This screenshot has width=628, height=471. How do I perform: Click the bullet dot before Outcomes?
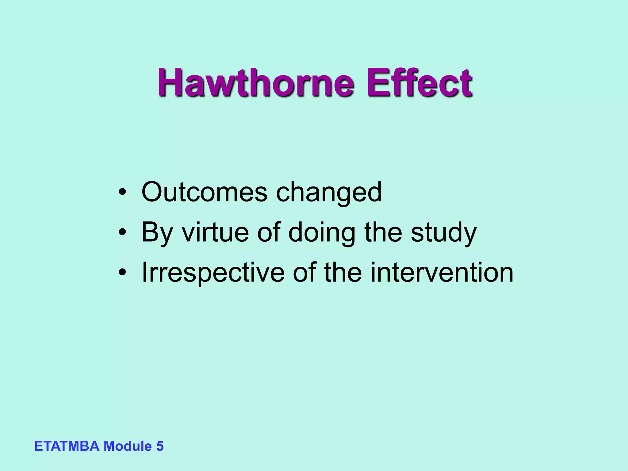pos(122,193)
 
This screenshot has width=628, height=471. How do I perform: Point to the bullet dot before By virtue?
pos(122,233)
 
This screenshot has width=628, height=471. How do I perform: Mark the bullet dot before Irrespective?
pos(122,273)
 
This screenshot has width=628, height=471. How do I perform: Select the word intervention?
pos(442,272)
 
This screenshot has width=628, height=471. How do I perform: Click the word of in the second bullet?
pos(269,232)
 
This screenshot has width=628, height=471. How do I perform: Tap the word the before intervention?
pos(343,272)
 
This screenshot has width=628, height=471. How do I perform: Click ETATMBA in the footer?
pos(67,446)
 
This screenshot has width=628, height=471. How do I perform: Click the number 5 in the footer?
pos(160,446)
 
